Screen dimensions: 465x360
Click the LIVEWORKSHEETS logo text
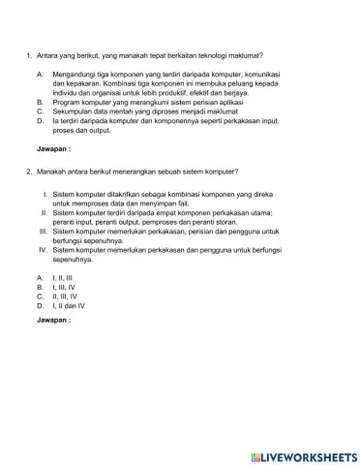[308, 454]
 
